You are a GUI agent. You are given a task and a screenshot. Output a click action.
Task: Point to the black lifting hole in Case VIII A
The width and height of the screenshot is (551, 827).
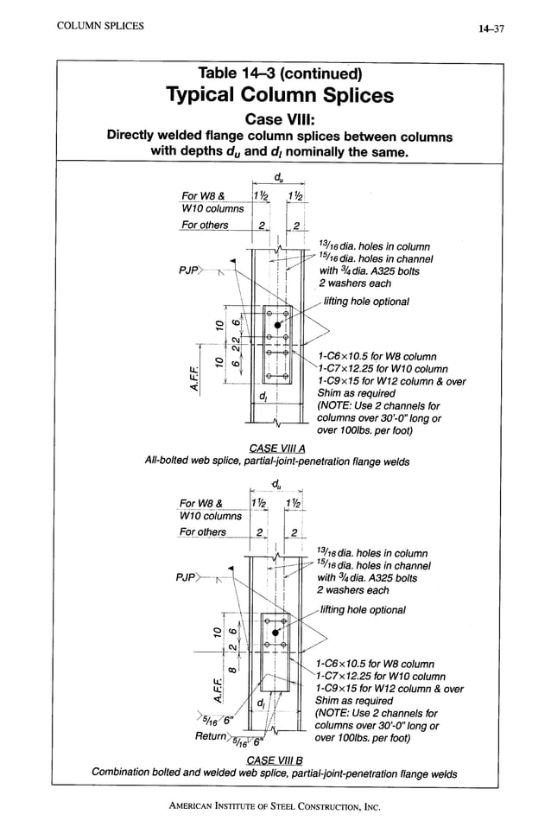(x=276, y=324)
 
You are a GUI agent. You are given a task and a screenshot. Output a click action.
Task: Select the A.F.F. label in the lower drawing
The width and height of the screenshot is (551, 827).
(x=196, y=690)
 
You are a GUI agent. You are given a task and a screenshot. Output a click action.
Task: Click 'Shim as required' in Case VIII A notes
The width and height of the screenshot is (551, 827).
(x=355, y=392)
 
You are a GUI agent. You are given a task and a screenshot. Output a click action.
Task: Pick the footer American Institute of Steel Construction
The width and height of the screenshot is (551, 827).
(x=275, y=805)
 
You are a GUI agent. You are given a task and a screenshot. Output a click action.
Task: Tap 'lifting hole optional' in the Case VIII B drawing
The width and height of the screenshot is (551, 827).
(x=363, y=609)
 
